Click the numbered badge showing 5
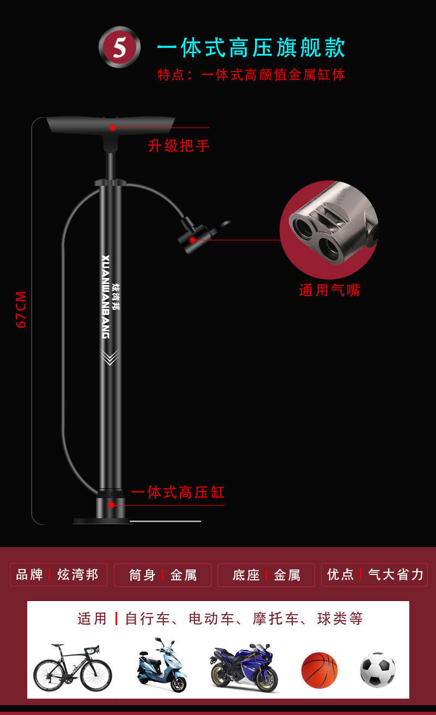[x=119, y=47]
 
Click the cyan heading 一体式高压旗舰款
[x=251, y=48]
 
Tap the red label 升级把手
[x=179, y=146]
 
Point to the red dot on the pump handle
[x=112, y=128]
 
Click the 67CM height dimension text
[x=21, y=310]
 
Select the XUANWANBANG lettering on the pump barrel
[x=106, y=296]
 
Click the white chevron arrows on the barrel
[x=111, y=357]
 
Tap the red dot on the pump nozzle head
[x=192, y=240]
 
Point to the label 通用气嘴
[x=330, y=290]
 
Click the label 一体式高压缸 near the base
[x=178, y=493]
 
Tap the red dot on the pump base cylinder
[x=111, y=505]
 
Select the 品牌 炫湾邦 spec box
[x=58, y=575]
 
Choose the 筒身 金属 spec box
[x=162, y=575]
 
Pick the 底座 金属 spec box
[x=266, y=575]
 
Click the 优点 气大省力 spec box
[x=374, y=575]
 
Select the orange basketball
[x=319, y=670]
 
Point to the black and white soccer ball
[x=378, y=670]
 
